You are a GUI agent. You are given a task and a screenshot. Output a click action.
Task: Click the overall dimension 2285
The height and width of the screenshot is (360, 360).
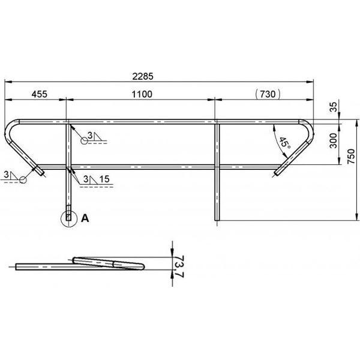[160, 76]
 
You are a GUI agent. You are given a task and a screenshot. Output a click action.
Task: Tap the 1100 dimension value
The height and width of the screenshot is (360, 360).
[142, 94]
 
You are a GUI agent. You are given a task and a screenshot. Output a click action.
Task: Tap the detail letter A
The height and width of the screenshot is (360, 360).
[85, 218]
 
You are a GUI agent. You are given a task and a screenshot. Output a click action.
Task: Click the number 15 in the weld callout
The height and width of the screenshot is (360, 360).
[105, 179]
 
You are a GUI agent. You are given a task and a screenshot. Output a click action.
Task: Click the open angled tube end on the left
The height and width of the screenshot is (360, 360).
[40, 172]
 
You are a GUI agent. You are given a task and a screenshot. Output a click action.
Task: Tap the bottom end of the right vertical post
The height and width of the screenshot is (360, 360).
[217, 219]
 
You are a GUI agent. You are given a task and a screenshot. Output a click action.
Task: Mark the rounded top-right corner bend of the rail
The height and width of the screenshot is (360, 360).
[308, 128]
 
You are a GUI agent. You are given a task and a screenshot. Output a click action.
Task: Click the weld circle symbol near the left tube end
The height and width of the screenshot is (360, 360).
[21, 179]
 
